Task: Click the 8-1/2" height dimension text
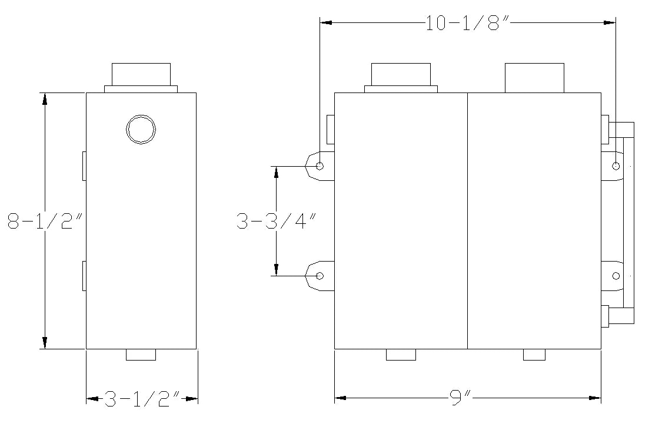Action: point(44,220)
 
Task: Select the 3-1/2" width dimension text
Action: point(142,398)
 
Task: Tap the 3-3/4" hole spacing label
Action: point(276,221)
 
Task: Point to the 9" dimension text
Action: point(460,398)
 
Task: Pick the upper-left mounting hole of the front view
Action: point(320,166)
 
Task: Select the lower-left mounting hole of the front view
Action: point(320,276)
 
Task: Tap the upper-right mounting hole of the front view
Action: point(616,166)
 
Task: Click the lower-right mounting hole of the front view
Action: point(616,276)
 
